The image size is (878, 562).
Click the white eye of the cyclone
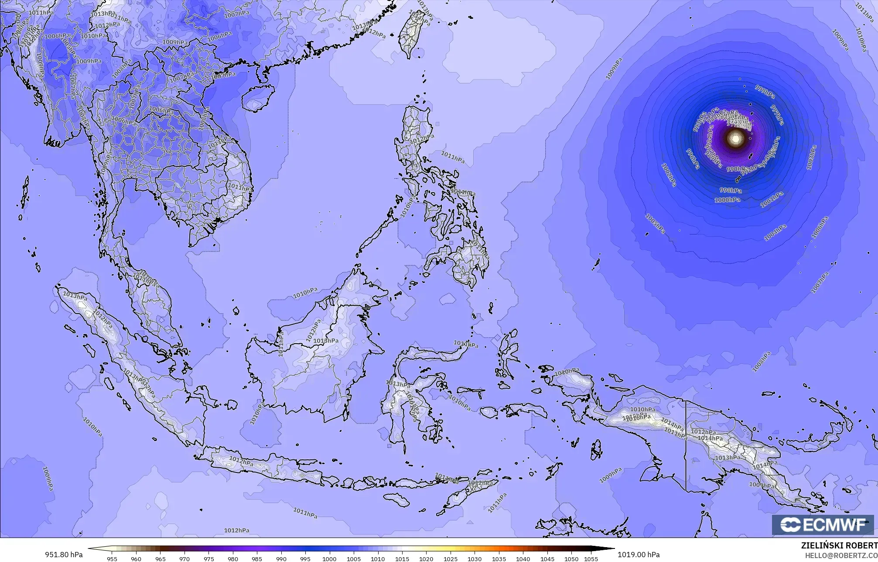736,139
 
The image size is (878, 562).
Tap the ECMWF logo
823,525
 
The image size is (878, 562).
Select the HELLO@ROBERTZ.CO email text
841,555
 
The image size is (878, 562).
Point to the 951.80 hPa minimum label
64,555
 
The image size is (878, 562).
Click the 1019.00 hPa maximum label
639,555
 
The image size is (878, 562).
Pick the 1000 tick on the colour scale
329,559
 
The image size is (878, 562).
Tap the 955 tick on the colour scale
112,559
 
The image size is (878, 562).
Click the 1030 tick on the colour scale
475,559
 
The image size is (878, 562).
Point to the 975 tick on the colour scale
208,559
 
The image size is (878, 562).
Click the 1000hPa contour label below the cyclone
727,200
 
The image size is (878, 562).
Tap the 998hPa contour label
731,190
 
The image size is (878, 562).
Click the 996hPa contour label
693,159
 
